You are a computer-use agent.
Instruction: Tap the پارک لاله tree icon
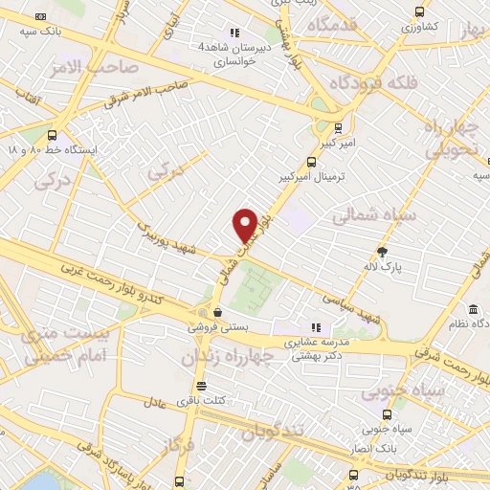point(384,252)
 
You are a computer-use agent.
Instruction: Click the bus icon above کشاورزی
point(419,12)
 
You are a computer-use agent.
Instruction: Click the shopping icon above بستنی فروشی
point(219,311)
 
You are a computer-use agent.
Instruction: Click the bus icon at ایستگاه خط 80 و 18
point(51,135)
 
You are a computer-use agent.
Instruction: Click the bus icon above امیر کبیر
point(337,126)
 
